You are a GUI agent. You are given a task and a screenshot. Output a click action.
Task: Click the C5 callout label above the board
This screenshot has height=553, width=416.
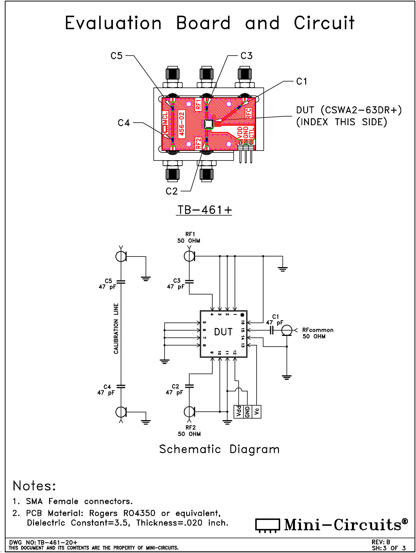116,56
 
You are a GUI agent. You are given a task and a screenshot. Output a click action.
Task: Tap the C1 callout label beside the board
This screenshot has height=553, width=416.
302,81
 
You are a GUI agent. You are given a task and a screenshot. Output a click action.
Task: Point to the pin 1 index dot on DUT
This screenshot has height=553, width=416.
242,315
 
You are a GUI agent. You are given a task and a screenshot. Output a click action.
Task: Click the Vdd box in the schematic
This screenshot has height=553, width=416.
239,411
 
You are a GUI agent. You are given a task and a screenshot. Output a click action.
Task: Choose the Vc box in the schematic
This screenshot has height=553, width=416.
257,411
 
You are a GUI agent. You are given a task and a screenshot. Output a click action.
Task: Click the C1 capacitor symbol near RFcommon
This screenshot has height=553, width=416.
272,330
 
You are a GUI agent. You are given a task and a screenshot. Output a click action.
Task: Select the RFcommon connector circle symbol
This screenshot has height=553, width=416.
287,330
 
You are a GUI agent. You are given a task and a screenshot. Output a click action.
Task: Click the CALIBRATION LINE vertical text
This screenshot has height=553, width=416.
116,328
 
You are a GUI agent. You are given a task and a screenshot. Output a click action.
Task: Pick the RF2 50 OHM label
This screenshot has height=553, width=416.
190,431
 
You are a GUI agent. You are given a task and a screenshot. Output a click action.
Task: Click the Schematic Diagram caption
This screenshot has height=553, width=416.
219,449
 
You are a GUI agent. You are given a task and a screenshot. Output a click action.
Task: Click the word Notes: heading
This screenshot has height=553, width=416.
34,486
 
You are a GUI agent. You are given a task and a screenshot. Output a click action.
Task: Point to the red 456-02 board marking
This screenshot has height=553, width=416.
182,124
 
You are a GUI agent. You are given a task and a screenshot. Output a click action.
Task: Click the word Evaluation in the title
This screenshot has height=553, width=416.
113,23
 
